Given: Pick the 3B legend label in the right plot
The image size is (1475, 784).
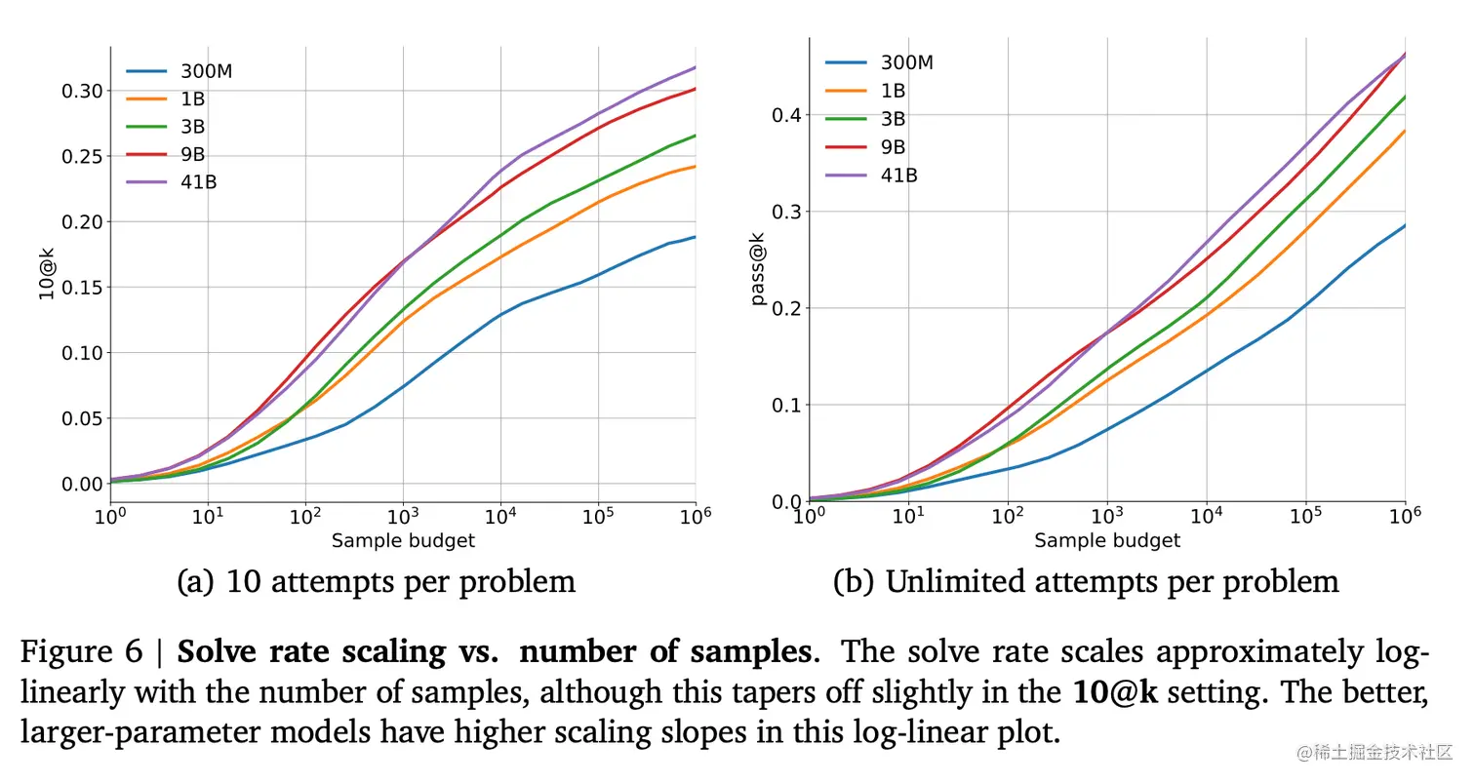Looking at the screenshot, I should click(x=894, y=119).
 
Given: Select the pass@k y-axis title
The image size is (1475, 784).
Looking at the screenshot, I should click(x=758, y=272).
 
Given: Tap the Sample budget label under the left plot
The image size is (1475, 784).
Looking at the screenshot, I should click(x=404, y=540).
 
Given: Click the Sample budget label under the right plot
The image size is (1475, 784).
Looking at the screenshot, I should click(x=1107, y=540).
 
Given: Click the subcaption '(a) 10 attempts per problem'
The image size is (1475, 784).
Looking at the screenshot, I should click(x=377, y=582).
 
